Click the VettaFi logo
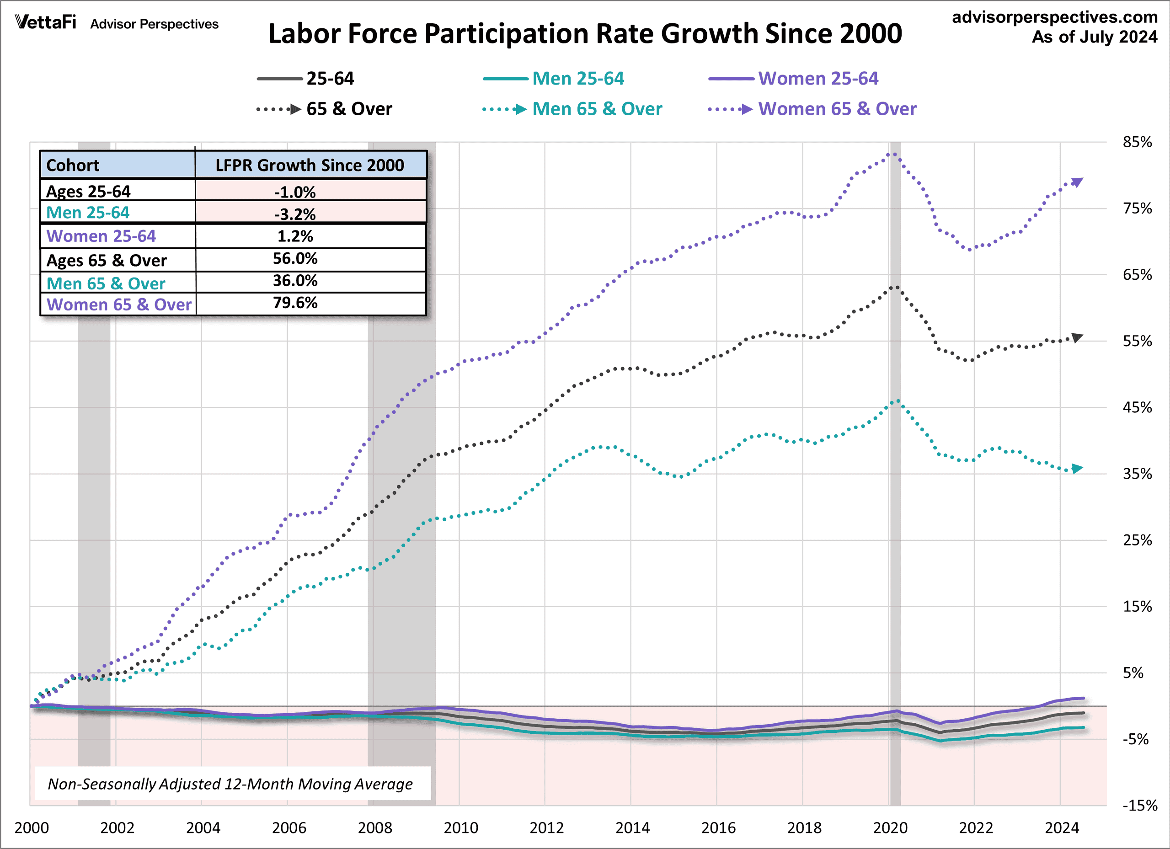coord(45,22)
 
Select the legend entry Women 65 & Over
coord(837,109)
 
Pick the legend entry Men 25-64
coord(578,78)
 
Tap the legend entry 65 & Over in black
coord(349,109)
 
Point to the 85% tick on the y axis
coord(1137,142)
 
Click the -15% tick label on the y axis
coord(1139,805)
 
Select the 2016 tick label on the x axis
coord(718,828)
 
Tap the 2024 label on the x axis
coord(1062,828)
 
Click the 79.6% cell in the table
coord(295,303)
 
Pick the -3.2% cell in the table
coord(295,214)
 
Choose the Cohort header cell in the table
coord(73,166)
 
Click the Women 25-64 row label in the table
coord(101,236)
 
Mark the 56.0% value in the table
coord(295,258)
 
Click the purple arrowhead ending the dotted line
coord(1077,182)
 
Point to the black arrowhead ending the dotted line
coord(1077,338)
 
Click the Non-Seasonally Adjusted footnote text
coord(230,784)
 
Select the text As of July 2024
coord(1094,37)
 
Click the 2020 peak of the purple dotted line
coord(893,153)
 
